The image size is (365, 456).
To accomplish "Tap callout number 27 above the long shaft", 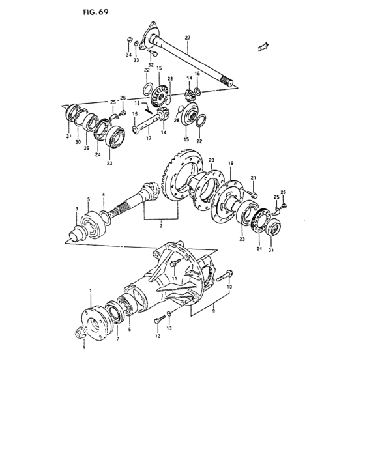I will point(187,38).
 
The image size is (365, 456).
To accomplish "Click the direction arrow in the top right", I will point(263,46).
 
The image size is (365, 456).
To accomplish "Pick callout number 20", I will point(211,159).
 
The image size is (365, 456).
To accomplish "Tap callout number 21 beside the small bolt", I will point(254,178).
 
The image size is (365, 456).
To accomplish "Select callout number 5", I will point(89,199).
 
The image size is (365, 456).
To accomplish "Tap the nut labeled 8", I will point(79,335).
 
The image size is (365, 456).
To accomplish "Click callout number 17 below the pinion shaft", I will point(148,138).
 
